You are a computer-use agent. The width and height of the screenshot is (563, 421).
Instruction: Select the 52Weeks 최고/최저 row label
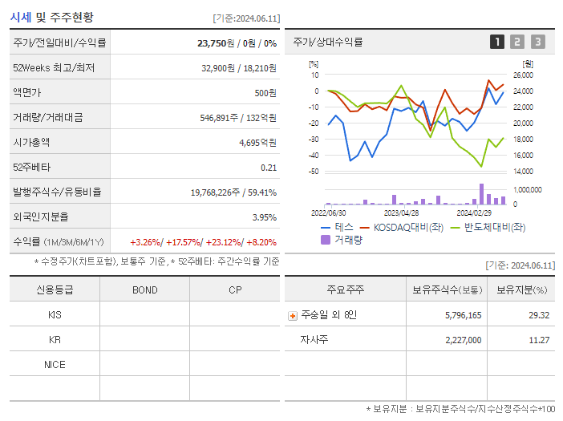click(x=54, y=68)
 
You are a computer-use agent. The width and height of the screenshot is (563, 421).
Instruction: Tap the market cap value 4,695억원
click(x=257, y=143)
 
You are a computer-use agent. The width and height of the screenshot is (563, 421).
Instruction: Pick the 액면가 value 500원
click(x=265, y=93)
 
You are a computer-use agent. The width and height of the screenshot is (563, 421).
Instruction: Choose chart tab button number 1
click(x=497, y=42)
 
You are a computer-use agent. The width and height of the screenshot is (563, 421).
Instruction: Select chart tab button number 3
click(x=537, y=42)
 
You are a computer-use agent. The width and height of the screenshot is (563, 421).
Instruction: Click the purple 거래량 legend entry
click(x=342, y=239)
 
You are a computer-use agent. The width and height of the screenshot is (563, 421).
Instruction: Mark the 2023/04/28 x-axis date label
click(x=401, y=213)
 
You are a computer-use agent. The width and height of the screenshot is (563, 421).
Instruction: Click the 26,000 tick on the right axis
click(x=522, y=75)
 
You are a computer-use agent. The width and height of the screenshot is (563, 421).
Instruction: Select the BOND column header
click(x=144, y=289)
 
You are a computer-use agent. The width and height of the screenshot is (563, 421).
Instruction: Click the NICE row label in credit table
click(x=55, y=364)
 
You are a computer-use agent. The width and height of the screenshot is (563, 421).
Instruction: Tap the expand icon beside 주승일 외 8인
click(x=293, y=315)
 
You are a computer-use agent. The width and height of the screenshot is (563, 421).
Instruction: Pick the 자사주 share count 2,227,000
click(x=463, y=340)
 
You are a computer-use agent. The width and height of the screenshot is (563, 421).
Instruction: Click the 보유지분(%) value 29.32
click(x=539, y=315)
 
